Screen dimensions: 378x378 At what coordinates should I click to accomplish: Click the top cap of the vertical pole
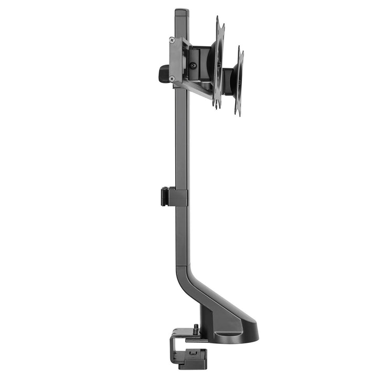[181, 11]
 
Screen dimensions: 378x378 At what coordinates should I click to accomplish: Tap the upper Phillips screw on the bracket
[172, 40]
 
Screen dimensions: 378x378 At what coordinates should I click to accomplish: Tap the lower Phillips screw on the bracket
[172, 79]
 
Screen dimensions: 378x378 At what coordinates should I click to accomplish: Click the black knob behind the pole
[163, 73]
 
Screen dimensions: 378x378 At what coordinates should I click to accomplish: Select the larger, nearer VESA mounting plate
[218, 62]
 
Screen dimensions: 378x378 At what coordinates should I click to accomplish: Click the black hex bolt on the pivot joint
[193, 66]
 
